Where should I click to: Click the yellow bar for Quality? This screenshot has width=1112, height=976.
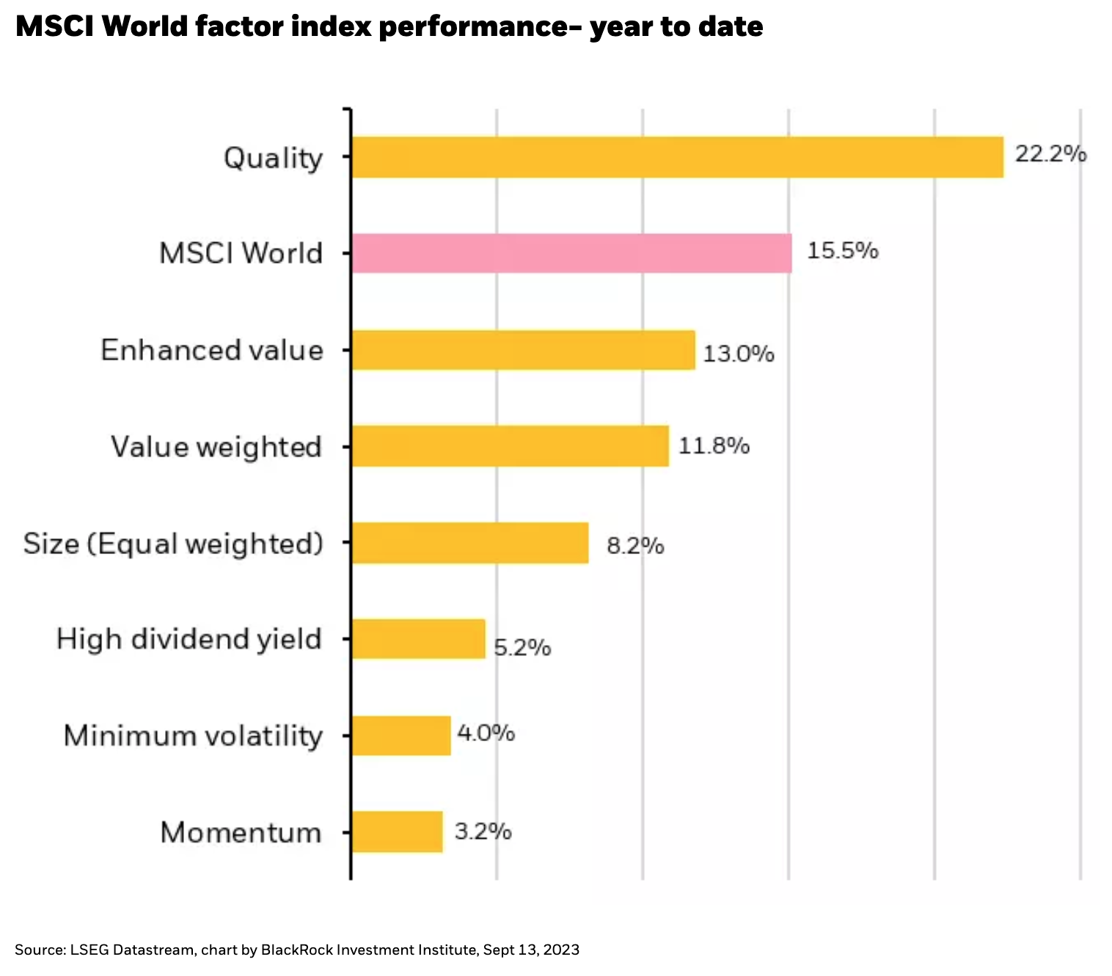677,157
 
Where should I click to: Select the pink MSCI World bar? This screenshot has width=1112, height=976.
571,253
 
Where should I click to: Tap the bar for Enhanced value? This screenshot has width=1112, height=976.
523,350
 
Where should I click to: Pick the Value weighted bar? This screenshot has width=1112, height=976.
510,446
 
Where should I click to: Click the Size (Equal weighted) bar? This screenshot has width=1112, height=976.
469,543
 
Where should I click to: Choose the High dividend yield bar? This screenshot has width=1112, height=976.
418,639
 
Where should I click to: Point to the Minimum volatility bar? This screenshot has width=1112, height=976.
400,735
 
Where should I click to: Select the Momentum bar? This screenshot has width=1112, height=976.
397,831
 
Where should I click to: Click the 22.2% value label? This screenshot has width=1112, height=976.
1050,154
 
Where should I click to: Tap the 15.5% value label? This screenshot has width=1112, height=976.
843,251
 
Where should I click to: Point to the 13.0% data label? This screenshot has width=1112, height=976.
739,354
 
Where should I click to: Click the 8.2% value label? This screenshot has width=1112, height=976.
635,547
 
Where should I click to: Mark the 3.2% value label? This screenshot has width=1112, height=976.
483,831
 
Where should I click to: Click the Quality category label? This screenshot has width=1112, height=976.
273,159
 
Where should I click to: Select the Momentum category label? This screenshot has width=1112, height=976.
241,833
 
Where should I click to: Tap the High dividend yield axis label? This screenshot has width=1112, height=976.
189,640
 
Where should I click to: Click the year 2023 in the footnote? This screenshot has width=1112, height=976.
561,950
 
